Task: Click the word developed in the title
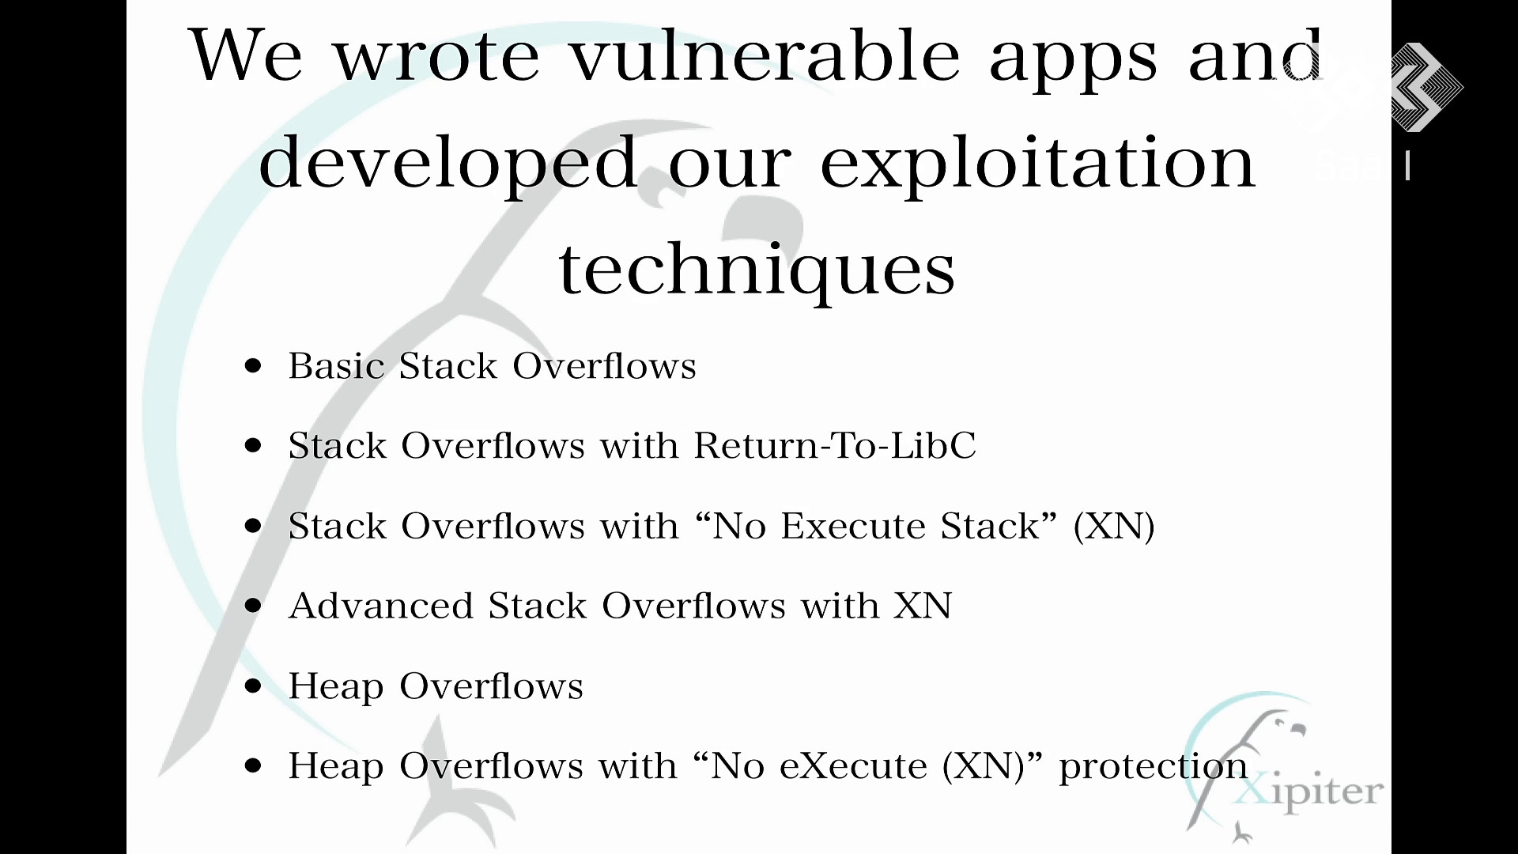pyautogui.click(x=447, y=164)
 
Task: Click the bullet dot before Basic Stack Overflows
pyautogui.click(x=253, y=365)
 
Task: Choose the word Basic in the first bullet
pyautogui.click(x=336, y=366)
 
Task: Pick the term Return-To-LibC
pyautogui.click(x=835, y=445)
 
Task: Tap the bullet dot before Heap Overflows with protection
pyautogui.click(x=253, y=765)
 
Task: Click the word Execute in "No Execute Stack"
pyautogui.click(x=853, y=526)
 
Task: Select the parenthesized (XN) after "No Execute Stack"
pyautogui.click(x=1114, y=527)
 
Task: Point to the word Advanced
pyautogui.click(x=381, y=606)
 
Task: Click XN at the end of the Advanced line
pyautogui.click(x=923, y=606)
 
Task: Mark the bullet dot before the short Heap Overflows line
pyautogui.click(x=253, y=686)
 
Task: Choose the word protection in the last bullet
pyautogui.click(x=1154, y=766)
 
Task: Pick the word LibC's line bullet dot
pyautogui.click(x=253, y=445)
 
